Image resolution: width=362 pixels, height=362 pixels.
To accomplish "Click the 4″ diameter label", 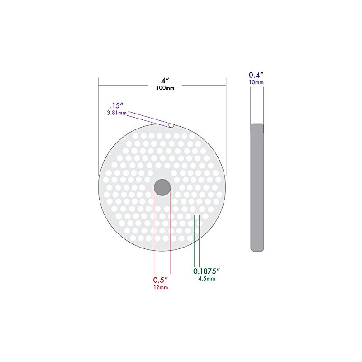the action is pyautogui.click(x=165, y=81).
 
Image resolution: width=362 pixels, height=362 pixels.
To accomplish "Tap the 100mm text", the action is pyautogui.click(x=165, y=88).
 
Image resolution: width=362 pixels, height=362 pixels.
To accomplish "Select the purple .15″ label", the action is pyautogui.click(x=117, y=106).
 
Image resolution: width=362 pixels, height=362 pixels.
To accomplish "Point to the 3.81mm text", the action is pyautogui.click(x=117, y=113).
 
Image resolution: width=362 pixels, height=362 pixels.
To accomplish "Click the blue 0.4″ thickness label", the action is pyautogui.click(x=256, y=75).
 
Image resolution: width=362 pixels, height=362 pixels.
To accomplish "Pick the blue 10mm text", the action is pyautogui.click(x=256, y=82).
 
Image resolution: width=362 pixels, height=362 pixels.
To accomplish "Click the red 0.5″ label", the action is pyautogui.click(x=161, y=280).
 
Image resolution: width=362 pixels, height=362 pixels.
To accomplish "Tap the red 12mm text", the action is pyautogui.click(x=161, y=287).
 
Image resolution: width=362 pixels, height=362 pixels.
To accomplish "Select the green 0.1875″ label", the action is pyautogui.click(x=206, y=271).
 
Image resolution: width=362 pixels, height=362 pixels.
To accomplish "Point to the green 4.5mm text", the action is pyautogui.click(x=207, y=279).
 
